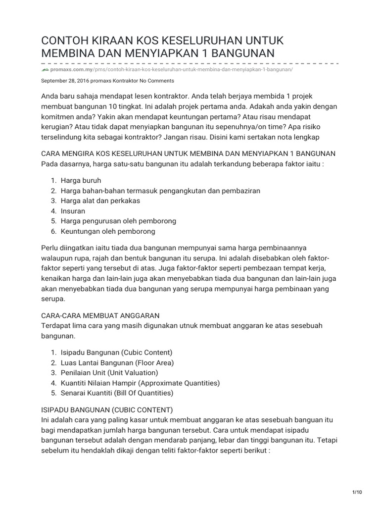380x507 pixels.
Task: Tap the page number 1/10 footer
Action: point(357,491)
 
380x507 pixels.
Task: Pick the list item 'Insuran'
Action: point(73,211)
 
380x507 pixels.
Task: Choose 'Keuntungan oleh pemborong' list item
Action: point(108,231)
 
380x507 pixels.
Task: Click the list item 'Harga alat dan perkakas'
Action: point(100,201)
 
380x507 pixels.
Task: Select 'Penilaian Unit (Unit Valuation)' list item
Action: point(109,372)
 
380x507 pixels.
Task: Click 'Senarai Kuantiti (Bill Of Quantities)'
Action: point(117,393)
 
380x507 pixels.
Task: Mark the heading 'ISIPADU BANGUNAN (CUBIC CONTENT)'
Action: point(107,410)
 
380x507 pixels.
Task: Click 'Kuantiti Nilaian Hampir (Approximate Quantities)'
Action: point(140,383)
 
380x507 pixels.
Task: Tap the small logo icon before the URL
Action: point(45,70)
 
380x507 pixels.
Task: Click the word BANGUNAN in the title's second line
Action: point(238,53)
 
